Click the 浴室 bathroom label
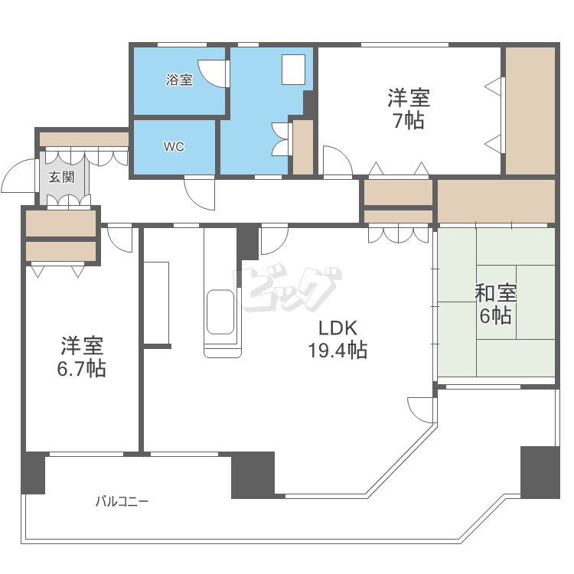pyautogui.click(x=180, y=80)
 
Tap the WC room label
pyautogui.click(x=174, y=147)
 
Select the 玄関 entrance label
pyautogui.click(x=62, y=178)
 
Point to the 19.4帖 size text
pyautogui.click(x=338, y=351)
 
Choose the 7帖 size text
pyautogui.click(x=409, y=120)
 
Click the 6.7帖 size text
pyautogui.click(x=81, y=368)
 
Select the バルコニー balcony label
pyautogui.click(x=122, y=502)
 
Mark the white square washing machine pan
pyautogui.click(x=293, y=70)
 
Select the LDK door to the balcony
pyautogui.click(x=421, y=409)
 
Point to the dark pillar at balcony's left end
pyautogui.click(x=33, y=473)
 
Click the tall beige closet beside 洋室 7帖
pyautogui.click(x=530, y=111)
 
